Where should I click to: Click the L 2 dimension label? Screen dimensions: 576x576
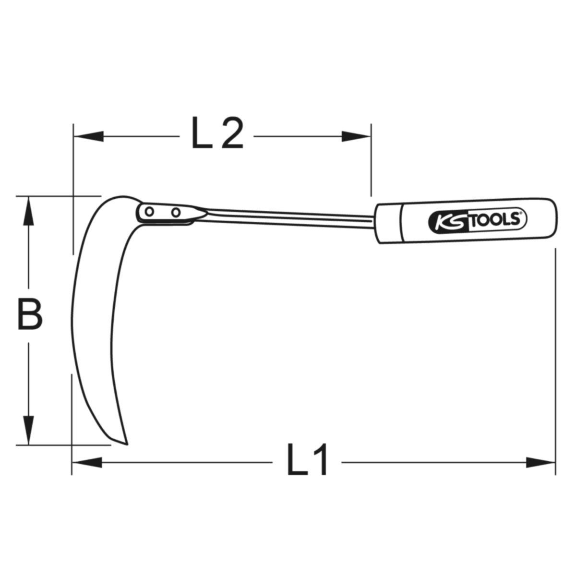(217, 132)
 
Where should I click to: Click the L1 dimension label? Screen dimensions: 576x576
(307, 464)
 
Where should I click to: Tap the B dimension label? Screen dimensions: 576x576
(30, 313)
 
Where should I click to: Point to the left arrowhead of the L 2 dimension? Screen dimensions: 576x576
(89, 136)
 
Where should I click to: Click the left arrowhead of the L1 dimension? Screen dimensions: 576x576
(87, 462)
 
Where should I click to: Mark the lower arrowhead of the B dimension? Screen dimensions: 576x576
(29, 431)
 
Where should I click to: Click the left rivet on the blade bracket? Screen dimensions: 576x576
(149, 212)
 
